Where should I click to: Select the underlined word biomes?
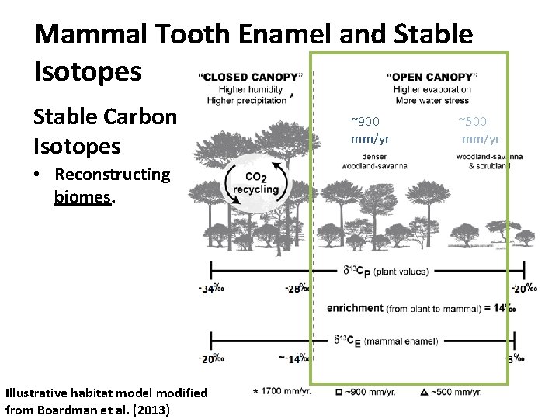[x=84, y=196]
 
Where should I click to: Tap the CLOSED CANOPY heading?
[x=248, y=77]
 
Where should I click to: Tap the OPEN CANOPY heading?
[x=432, y=77]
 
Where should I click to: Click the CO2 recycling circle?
[x=255, y=184]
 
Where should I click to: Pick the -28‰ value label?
[x=297, y=289]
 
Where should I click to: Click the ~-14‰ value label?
[x=293, y=358]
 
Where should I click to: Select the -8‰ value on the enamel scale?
[x=515, y=358]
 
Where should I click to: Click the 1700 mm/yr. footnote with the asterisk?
[x=282, y=392]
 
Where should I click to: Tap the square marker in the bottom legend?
[x=339, y=392]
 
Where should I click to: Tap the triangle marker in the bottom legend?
[x=424, y=392]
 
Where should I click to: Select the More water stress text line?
[x=432, y=101]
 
